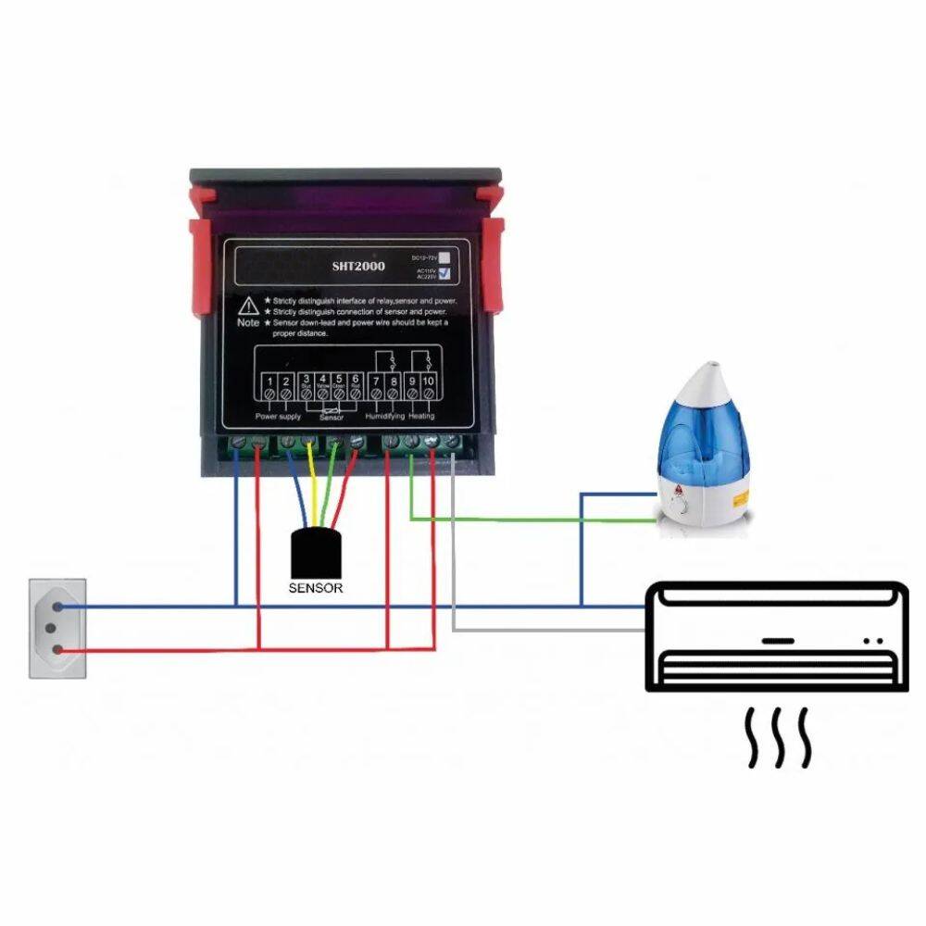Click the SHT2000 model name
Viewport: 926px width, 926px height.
click(359, 267)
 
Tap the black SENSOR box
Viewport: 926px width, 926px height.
click(316, 554)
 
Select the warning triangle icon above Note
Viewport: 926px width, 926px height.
click(249, 305)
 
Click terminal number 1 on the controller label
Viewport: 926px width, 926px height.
click(269, 381)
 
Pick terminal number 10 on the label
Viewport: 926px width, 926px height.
click(429, 381)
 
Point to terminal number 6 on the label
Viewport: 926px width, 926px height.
click(356, 381)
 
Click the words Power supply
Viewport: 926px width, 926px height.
click(278, 418)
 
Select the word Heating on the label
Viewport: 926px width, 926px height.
click(421, 418)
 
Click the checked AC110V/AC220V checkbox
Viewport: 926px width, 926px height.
click(446, 273)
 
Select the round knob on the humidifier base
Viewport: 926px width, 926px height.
click(682, 507)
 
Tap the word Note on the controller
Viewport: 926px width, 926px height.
click(248, 323)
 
